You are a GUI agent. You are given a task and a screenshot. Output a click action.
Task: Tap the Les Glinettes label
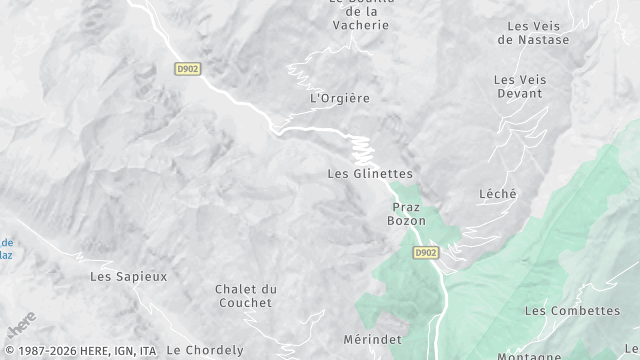(369, 173)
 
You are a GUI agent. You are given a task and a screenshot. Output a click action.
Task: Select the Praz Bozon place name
(407, 213)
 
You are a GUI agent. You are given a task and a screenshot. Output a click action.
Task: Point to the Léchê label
(497, 194)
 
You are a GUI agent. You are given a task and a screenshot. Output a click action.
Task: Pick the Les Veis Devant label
(518, 86)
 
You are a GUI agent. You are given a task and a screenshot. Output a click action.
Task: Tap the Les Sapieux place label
(128, 276)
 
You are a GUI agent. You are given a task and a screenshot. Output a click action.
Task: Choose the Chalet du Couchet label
(245, 295)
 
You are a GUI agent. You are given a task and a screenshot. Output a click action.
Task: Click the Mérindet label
(371, 340)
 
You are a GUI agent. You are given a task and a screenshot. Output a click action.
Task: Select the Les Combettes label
(572, 311)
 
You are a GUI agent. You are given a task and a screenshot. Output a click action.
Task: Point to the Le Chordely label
(204, 350)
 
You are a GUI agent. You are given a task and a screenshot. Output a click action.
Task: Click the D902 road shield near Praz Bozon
(425, 253)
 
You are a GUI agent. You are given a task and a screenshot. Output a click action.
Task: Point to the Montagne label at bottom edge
(556, 355)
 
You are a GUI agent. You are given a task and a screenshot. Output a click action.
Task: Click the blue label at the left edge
(6, 248)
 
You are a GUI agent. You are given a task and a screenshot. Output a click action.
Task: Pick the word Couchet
(245, 302)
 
